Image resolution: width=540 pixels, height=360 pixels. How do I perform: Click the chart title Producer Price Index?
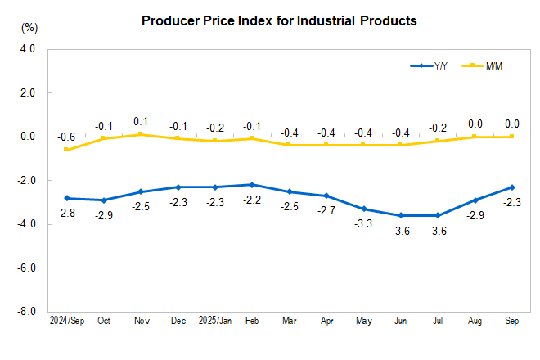click(279, 20)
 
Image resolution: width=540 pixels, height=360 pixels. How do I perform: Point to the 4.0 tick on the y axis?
click(27, 49)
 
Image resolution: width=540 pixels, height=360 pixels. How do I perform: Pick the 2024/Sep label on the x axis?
click(65, 320)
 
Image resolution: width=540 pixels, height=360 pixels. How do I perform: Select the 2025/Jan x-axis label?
click(214, 320)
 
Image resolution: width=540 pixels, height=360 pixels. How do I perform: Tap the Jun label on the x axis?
click(401, 320)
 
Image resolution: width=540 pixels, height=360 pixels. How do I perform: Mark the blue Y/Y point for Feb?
click(252, 185)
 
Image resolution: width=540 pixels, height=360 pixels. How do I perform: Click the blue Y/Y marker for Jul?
click(438, 215)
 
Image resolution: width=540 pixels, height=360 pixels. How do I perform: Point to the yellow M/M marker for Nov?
click(140, 134)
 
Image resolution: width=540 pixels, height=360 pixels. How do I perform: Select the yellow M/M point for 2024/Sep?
click(65, 150)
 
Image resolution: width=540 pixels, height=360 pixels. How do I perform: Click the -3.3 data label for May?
click(363, 223)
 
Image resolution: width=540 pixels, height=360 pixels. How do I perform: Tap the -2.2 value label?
click(252, 199)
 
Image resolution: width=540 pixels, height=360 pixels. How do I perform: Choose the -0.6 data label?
click(67, 137)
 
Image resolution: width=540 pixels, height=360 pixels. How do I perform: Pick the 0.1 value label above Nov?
click(140, 121)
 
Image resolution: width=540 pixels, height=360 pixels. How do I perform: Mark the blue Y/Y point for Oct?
click(103, 200)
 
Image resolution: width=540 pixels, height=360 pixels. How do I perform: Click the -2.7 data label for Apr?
click(326, 209)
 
